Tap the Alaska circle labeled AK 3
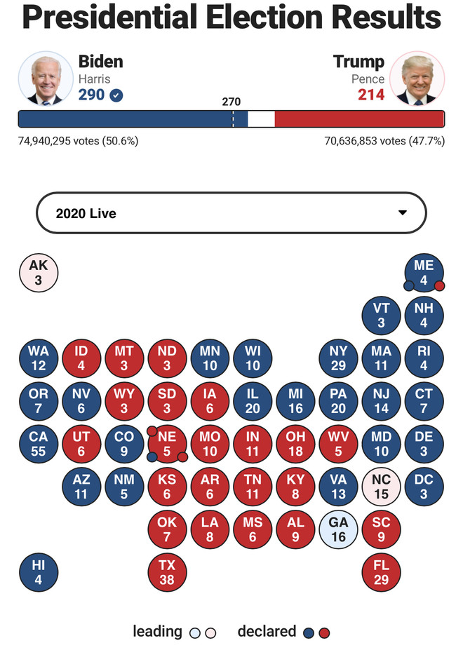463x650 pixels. coord(38,273)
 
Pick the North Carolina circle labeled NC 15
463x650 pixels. coord(381,487)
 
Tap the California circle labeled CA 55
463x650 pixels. coord(38,444)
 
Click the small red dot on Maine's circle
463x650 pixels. coord(440,285)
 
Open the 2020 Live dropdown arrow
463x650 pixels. coord(403,212)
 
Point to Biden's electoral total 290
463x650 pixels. coord(91,95)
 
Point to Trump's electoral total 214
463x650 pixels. coord(371,95)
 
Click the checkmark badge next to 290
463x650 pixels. coord(116,95)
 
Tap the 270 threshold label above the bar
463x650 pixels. coord(231,102)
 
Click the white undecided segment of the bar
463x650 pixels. coord(261,119)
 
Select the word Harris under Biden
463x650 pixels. coord(94,79)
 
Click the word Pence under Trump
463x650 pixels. coord(368,79)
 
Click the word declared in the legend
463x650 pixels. coord(267,631)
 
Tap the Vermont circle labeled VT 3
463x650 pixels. coord(381,316)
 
